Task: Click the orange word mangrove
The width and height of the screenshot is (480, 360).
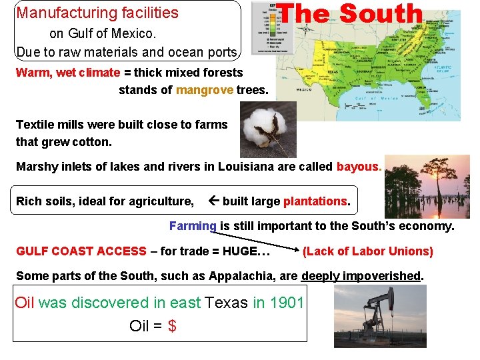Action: click(205, 90)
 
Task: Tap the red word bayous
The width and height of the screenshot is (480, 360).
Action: click(359, 167)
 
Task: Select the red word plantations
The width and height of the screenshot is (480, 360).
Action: click(315, 201)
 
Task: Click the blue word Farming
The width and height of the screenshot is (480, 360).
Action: click(193, 226)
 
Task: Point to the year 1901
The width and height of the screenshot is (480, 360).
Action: click(287, 303)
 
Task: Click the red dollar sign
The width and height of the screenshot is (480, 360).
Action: click(173, 326)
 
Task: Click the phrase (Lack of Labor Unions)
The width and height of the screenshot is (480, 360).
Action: click(367, 251)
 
